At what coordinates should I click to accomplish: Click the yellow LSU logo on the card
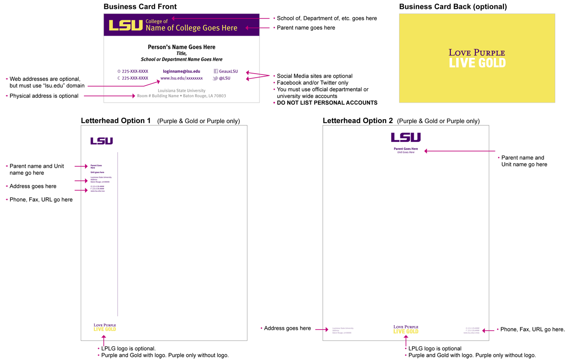coord(126,25)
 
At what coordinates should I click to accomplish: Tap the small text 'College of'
coord(157,21)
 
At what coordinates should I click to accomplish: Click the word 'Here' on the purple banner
coord(229,28)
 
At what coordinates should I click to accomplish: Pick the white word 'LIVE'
coord(461,63)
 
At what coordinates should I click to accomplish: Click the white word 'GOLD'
coord(491,63)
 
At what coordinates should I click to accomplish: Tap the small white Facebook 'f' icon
coord(216,71)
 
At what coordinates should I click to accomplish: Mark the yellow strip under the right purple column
coord(405,331)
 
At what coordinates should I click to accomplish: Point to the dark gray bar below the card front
coord(184,95)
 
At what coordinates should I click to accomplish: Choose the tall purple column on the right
coord(404,232)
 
